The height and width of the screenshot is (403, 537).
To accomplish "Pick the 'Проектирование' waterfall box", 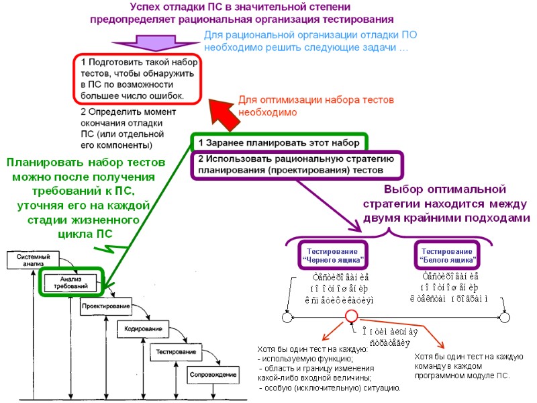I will (106, 306).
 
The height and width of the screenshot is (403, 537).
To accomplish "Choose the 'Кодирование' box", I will (143, 328).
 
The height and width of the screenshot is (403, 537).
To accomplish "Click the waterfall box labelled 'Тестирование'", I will (176, 351).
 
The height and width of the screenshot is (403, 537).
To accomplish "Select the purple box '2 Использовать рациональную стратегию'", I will (296, 165).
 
